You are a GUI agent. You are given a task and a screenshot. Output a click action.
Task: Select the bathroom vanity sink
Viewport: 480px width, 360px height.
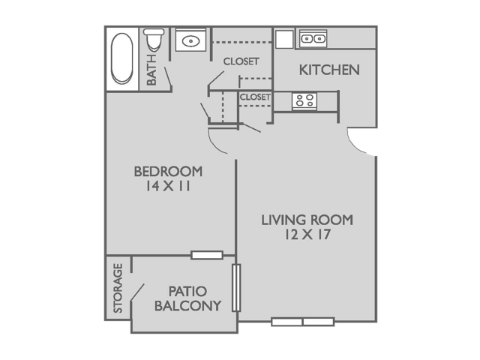point(190,40)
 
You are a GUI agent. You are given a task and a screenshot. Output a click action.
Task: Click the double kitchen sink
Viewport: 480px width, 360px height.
point(313,37)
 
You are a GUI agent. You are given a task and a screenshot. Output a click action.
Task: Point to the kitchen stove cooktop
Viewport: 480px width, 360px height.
point(304,100)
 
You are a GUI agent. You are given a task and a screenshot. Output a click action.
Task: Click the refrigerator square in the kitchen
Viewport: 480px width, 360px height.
point(283,39)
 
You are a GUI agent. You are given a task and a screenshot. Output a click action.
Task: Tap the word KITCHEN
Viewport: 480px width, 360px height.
point(329,70)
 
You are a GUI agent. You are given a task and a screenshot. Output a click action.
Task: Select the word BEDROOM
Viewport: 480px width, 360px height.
point(168,171)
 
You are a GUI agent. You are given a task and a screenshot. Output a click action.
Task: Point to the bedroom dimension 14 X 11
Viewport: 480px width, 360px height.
point(168,187)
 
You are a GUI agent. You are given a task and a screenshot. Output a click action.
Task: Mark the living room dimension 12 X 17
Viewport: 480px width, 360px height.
point(307,235)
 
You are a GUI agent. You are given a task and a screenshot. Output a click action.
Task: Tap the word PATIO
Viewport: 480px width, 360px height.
point(187,290)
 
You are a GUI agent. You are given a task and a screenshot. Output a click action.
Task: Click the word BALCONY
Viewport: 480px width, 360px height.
point(187,305)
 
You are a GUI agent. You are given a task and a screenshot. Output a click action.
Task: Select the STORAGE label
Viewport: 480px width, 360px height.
point(118,288)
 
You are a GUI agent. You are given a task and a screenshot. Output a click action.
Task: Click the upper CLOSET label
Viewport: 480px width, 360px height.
point(241,61)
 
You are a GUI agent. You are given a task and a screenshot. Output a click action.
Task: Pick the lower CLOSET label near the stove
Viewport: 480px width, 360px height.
point(255,97)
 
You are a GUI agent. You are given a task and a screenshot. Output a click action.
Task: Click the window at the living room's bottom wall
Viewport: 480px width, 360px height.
point(302,322)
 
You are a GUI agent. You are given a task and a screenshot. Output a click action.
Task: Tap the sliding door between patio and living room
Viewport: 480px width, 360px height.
point(235,288)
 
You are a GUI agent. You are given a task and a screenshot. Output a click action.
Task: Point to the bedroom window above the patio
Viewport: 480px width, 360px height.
point(206,255)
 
